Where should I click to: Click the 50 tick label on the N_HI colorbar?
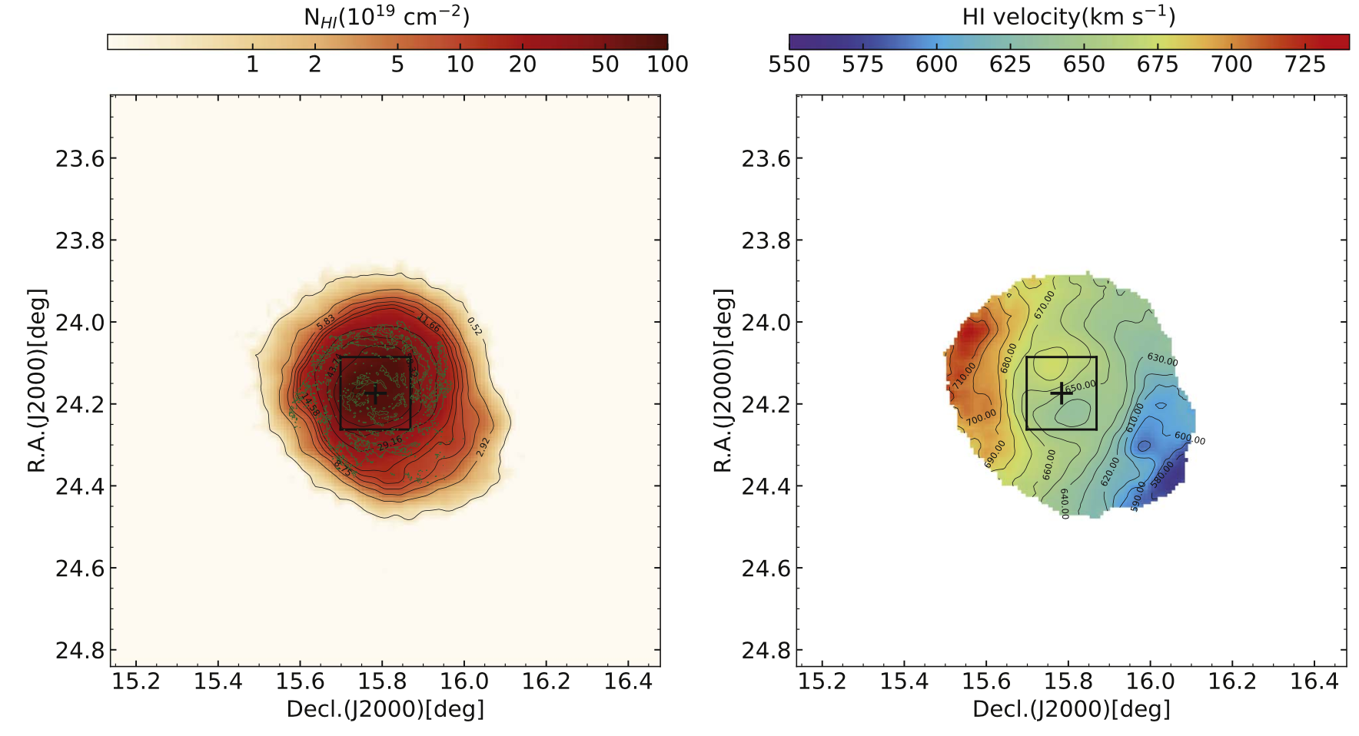tap(605, 65)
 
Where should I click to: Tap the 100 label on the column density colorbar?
tap(667, 65)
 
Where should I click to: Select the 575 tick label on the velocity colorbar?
tap(862, 65)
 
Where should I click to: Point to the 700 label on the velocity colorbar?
tap(1231, 65)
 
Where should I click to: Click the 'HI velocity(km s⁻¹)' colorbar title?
tap(1068, 17)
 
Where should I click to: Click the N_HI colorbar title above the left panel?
tap(387, 17)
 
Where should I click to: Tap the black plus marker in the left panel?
tap(375, 394)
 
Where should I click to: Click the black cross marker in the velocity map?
tap(1061, 393)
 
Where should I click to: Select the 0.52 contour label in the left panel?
tap(475, 326)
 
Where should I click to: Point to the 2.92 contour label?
tap(483, 447)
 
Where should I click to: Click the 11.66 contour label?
tap(429, 323)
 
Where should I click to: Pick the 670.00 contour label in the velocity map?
tap(1045, 304)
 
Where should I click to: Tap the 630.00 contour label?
tap(1162, 360)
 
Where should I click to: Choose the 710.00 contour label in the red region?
tap(965, 376)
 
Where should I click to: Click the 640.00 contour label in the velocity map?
tap(1065, 504)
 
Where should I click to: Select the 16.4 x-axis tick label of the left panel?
tap(628, 681)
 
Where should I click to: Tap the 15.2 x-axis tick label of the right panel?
tap(822, 681)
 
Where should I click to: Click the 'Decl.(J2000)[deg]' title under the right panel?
tap(1072, 709)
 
